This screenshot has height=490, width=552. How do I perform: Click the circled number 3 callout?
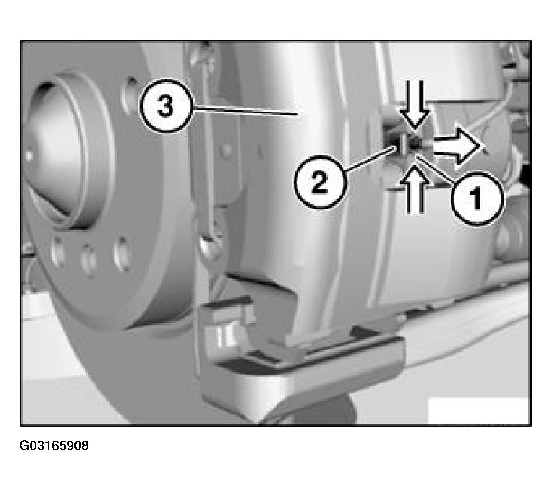166,106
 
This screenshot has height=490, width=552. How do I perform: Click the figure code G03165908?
54,446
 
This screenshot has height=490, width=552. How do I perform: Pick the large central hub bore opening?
53,155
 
